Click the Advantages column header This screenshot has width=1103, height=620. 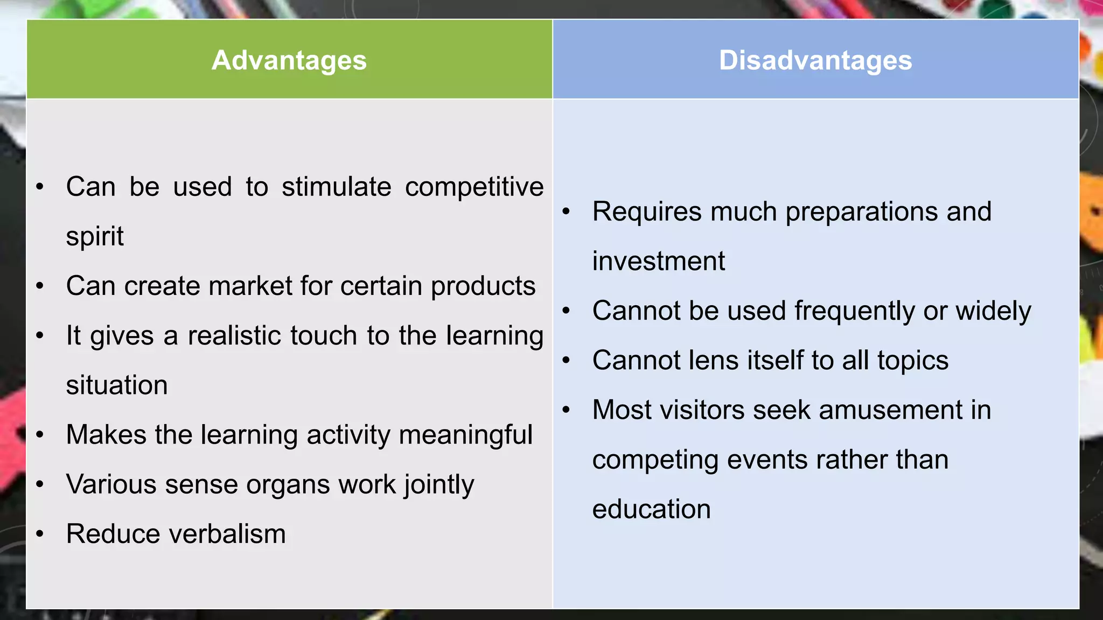click(x=289, y=60)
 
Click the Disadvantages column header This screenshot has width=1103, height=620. click(x=815, y=60)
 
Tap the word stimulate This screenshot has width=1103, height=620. click(x=336, y=187)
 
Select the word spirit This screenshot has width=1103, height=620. click(x=95, y=237)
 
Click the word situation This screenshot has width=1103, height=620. click(x=117, y=385)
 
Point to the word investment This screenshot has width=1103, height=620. click(x=658, y=261)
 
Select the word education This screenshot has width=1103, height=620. click(x=651, y=509)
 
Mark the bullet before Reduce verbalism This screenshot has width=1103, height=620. click(x=40, y=534)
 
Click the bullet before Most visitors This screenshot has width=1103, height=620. click(x=566, y=410)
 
